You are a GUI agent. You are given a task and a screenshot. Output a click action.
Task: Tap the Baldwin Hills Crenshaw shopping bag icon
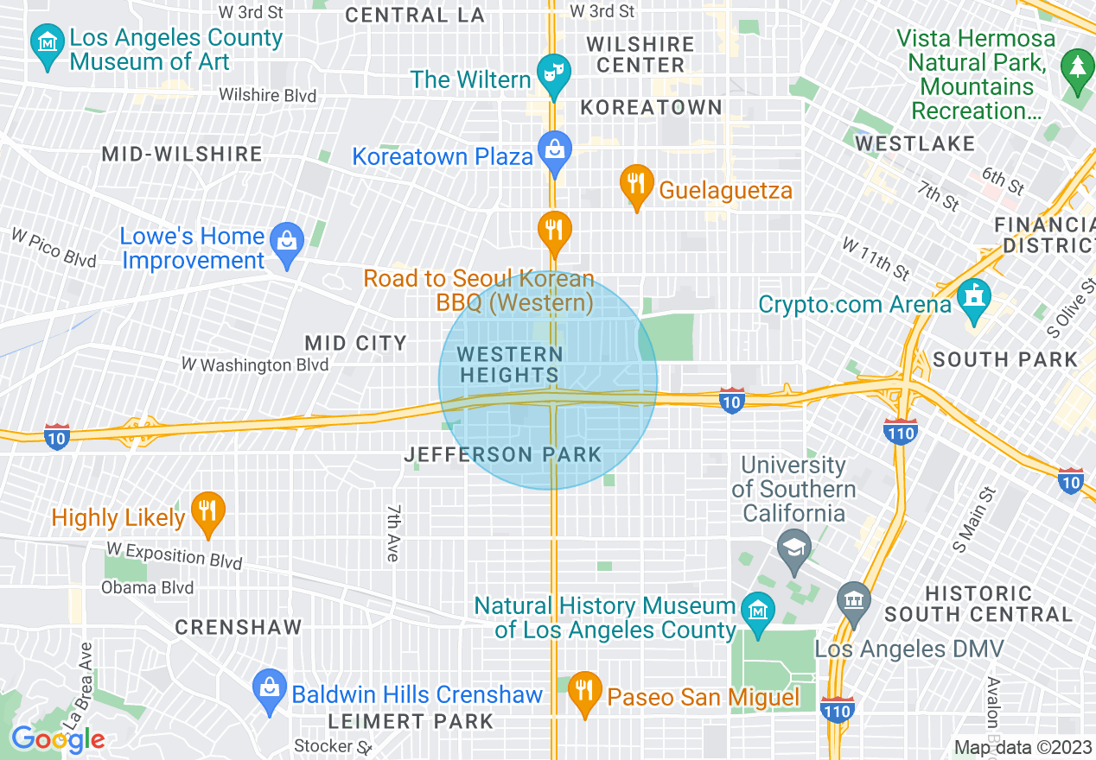pos(270,688)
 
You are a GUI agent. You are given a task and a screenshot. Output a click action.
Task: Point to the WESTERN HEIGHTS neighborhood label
pos(510,364)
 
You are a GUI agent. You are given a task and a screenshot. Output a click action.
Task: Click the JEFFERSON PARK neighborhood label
pos(502,454)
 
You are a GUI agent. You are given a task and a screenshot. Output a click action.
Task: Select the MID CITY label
pos(355,343)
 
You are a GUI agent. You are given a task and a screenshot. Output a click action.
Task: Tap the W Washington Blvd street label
pos(255,364)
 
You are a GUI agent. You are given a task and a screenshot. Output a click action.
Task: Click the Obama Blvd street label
pos(148,588)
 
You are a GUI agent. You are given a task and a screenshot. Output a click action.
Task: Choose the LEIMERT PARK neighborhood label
pos(411,720)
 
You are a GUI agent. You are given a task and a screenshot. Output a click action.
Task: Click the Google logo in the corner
pos(58,739)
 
